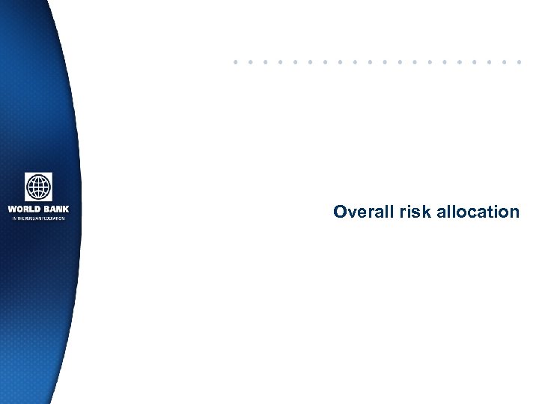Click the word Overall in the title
[362, 212]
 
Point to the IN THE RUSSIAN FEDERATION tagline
[38, 218]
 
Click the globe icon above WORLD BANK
[38, 187]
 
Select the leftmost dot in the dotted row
[235, 61]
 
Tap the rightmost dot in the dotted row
[520, 61]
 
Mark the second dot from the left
[250, 61]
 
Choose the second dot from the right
[505, 61]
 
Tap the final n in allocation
[514, 212]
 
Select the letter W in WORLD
[12, 209]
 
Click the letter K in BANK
[65, 209]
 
